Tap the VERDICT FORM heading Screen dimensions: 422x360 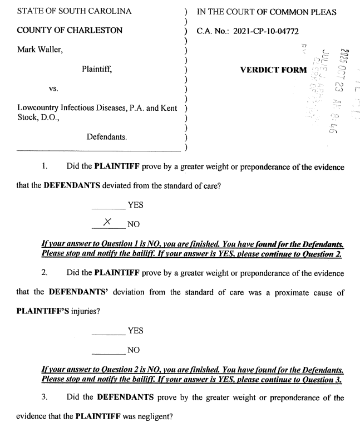click(273, 70)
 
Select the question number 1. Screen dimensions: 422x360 click(45, 166)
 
